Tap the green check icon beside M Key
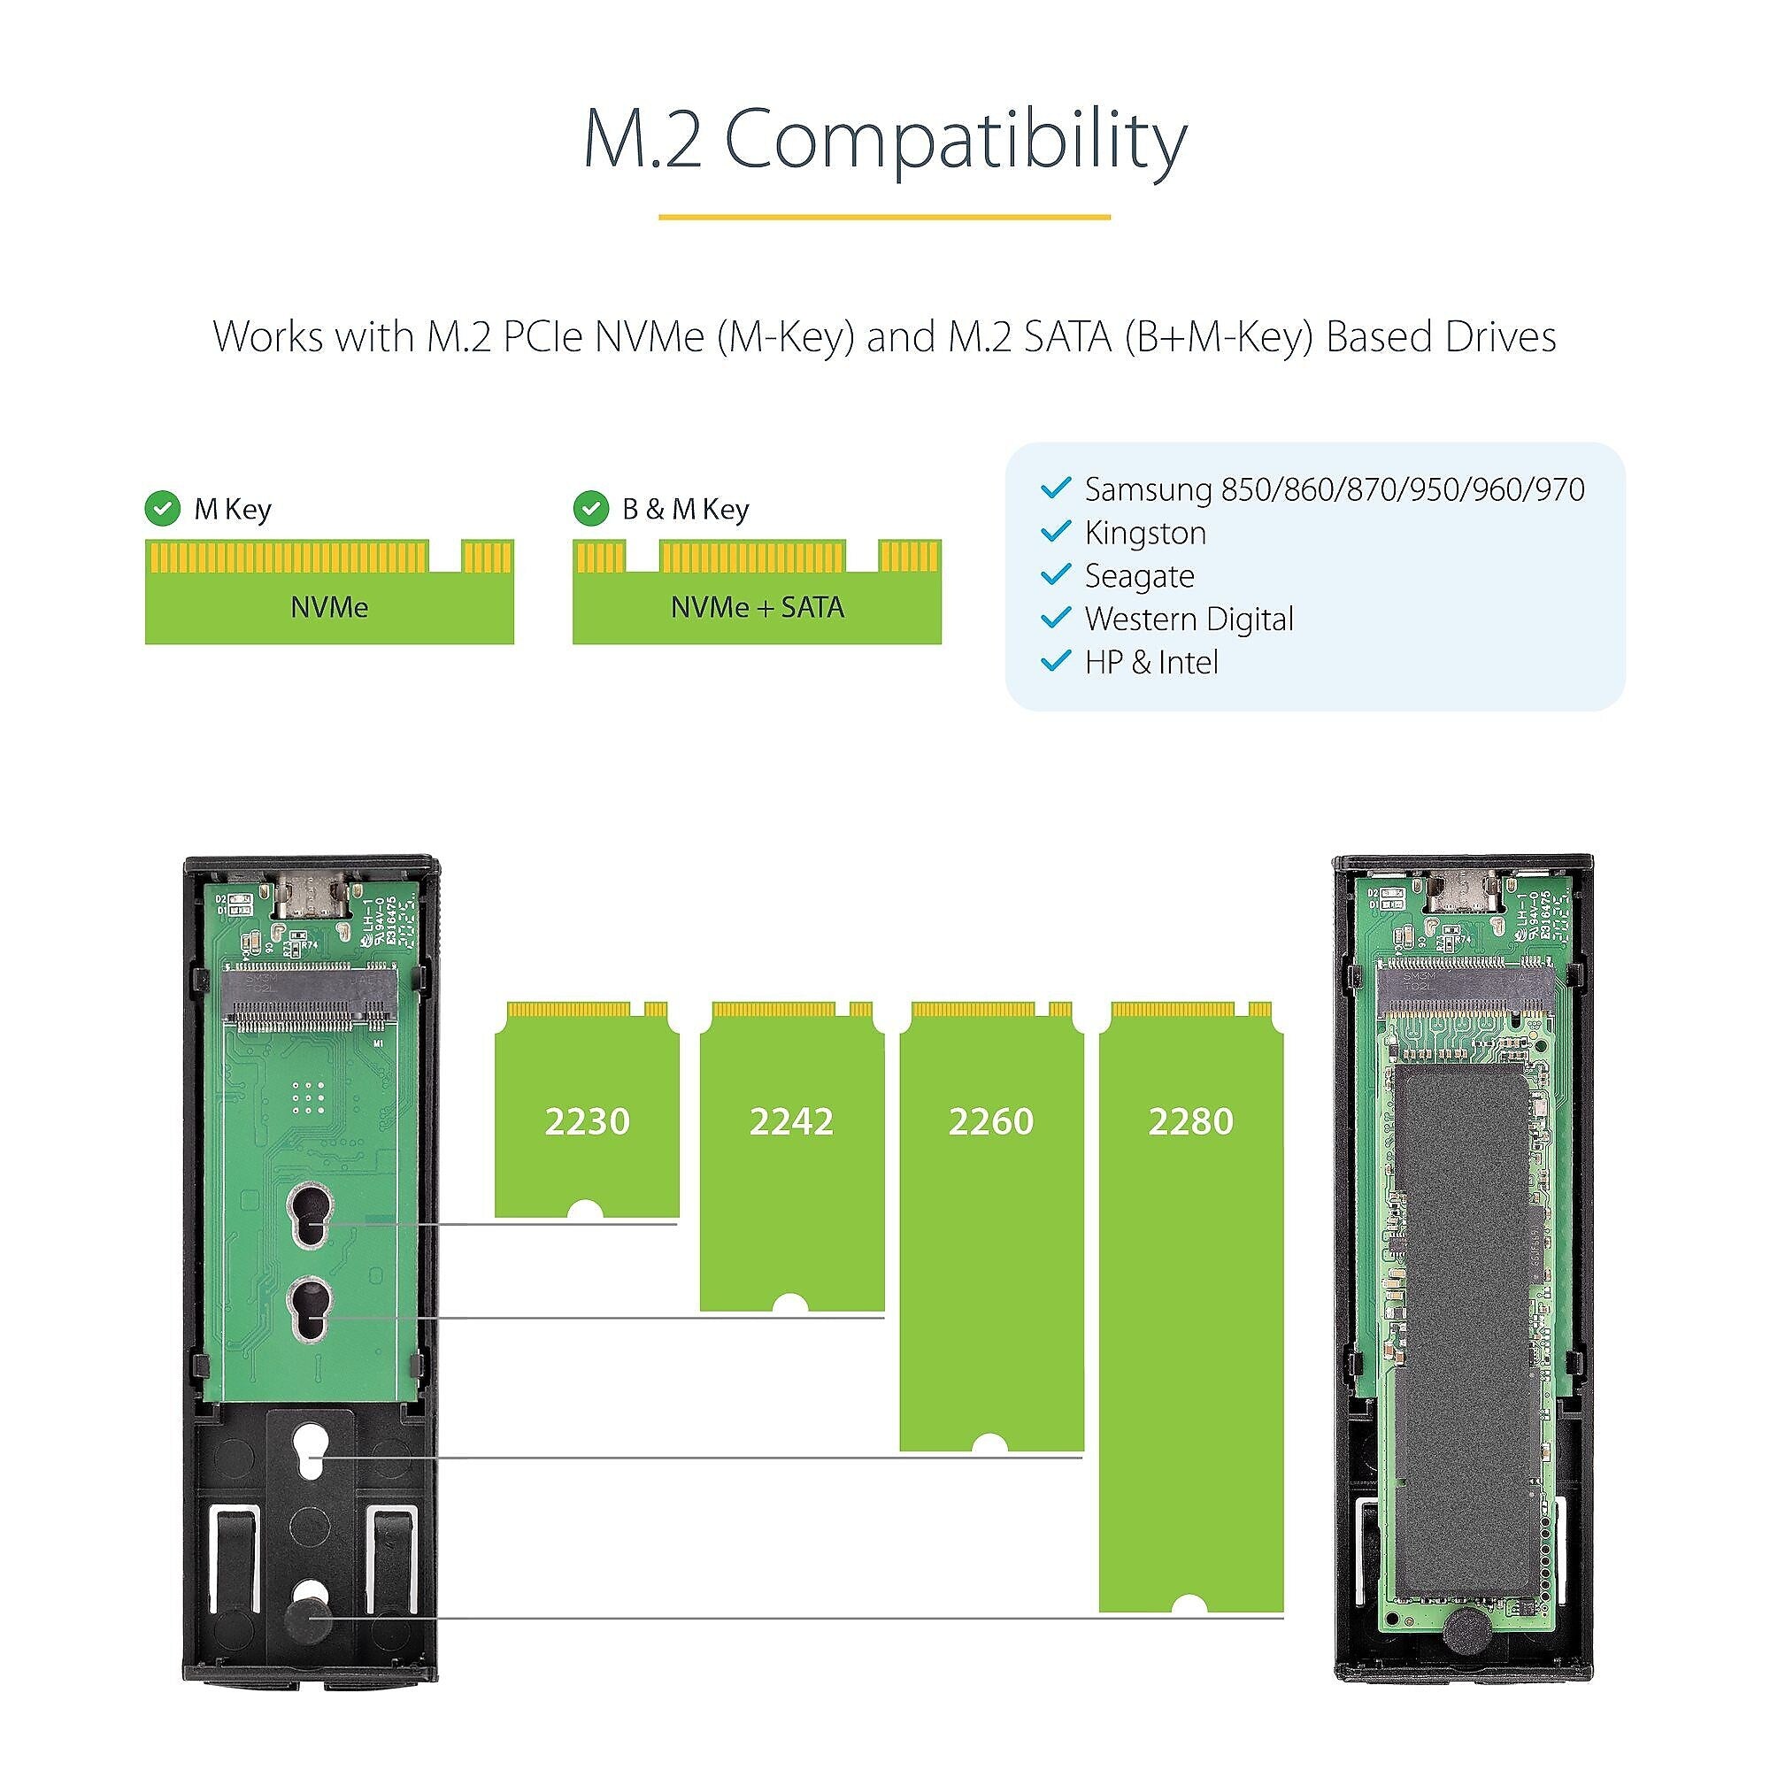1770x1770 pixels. pyautogui.click(x=163, y=509)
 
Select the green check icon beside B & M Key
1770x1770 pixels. pyautogui.click(x=591, y=509)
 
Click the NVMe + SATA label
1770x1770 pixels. pyautogui.click(x=757, y=607)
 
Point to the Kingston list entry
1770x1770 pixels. pyautogui.click(x=1144, y=532)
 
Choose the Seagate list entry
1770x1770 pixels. pyautogui.click(x=1139, y=575)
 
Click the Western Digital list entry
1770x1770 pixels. pyautogui.click(x=1189, y=619)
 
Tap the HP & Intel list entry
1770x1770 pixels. pyautogui.click(x=1150, y=661)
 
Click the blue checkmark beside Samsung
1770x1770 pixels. pyautogui.click(x=1057, y=489)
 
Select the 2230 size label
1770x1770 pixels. pyautogui.click(x=587, y=1121)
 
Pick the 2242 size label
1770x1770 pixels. pyautogui.click(x=790, y=1121)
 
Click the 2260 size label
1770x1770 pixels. pyautogui.click(x=990, y=1121)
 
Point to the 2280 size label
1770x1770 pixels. pyautogui.click(x=1190, y=1121)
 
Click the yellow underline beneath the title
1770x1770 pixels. pyautogui.click(x=884, y=217)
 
